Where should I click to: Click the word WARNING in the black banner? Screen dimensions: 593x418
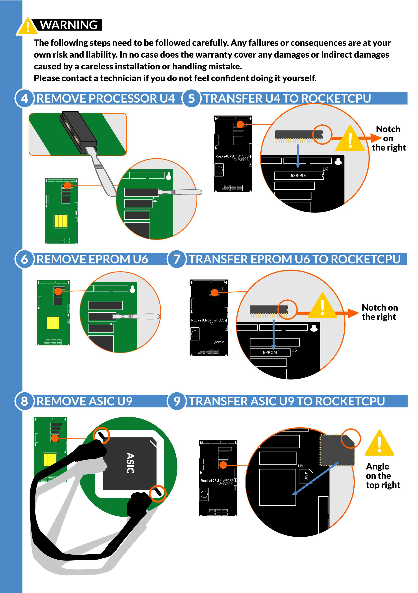[69, 25]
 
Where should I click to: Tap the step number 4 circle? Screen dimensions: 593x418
[24, 98]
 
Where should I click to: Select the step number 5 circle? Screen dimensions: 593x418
[191, 98]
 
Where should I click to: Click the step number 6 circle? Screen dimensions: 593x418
[24, 259]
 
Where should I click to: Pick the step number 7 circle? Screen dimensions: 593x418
[177, 259]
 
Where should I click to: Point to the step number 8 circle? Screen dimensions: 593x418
[24, 401]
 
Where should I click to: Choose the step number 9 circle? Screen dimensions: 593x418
[177, 401]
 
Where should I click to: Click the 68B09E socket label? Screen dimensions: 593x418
[298, 176]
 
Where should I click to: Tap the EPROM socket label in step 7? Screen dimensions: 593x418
[270, 353]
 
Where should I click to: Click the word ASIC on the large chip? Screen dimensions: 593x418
[130, 463]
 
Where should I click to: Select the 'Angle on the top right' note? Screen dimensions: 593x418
[383, 475]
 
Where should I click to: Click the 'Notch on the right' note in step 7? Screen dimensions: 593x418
[380, 312]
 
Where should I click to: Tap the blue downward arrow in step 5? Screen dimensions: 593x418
[298, 156]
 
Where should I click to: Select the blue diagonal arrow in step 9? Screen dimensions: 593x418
[315, 478]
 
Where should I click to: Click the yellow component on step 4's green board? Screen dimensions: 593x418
[61, 221]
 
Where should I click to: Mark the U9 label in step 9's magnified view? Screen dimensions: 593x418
[301, 466]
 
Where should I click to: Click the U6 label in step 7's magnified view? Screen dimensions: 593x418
[294, 350]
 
